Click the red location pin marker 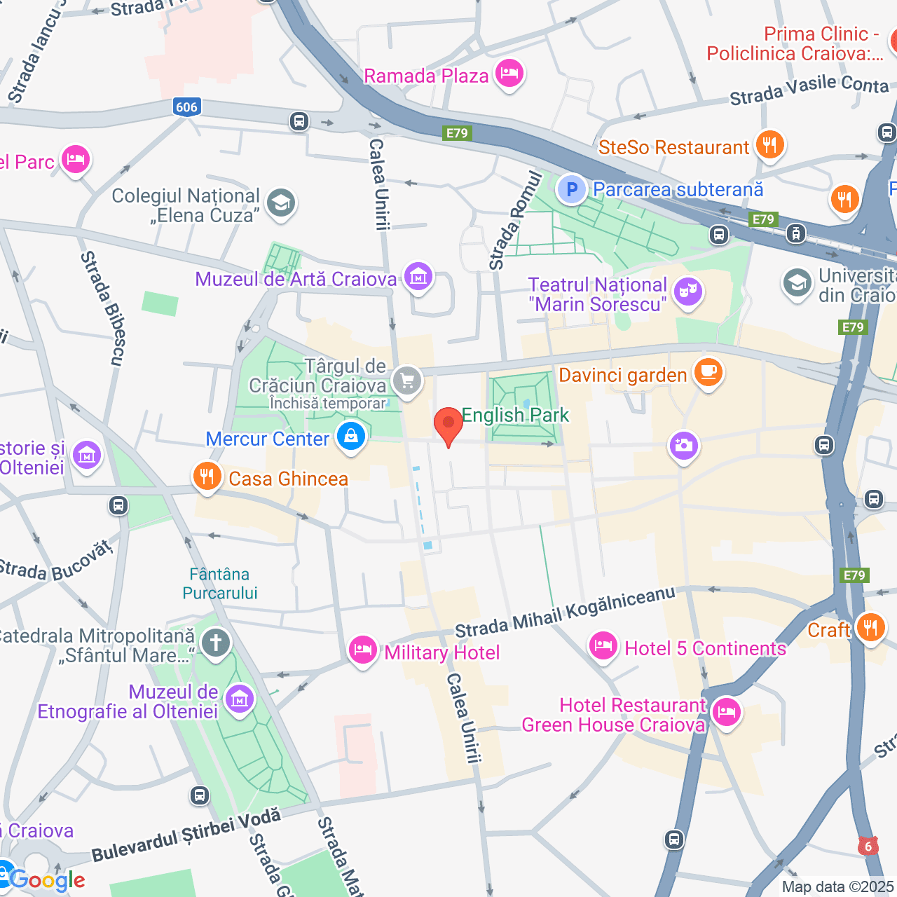[448, 425]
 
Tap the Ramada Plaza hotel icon [509, 74]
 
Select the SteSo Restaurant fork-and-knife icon [769, 145]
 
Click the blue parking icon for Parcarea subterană [573, 189]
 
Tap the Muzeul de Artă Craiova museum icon [418, 278]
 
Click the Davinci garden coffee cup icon [708, 372]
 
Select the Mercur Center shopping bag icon [350, 437]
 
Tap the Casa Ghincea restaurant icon [206, 477]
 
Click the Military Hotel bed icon [363, 650]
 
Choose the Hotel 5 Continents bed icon [603, 646]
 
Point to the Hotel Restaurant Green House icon [726, 713]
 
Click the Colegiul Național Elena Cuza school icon [281, 203]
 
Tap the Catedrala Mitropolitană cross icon [216, 643]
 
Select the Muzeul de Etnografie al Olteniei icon [240, 699]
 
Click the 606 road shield [186, 107]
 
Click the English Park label [515, 416]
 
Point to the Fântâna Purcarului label [220, 584]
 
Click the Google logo [48, 880]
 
